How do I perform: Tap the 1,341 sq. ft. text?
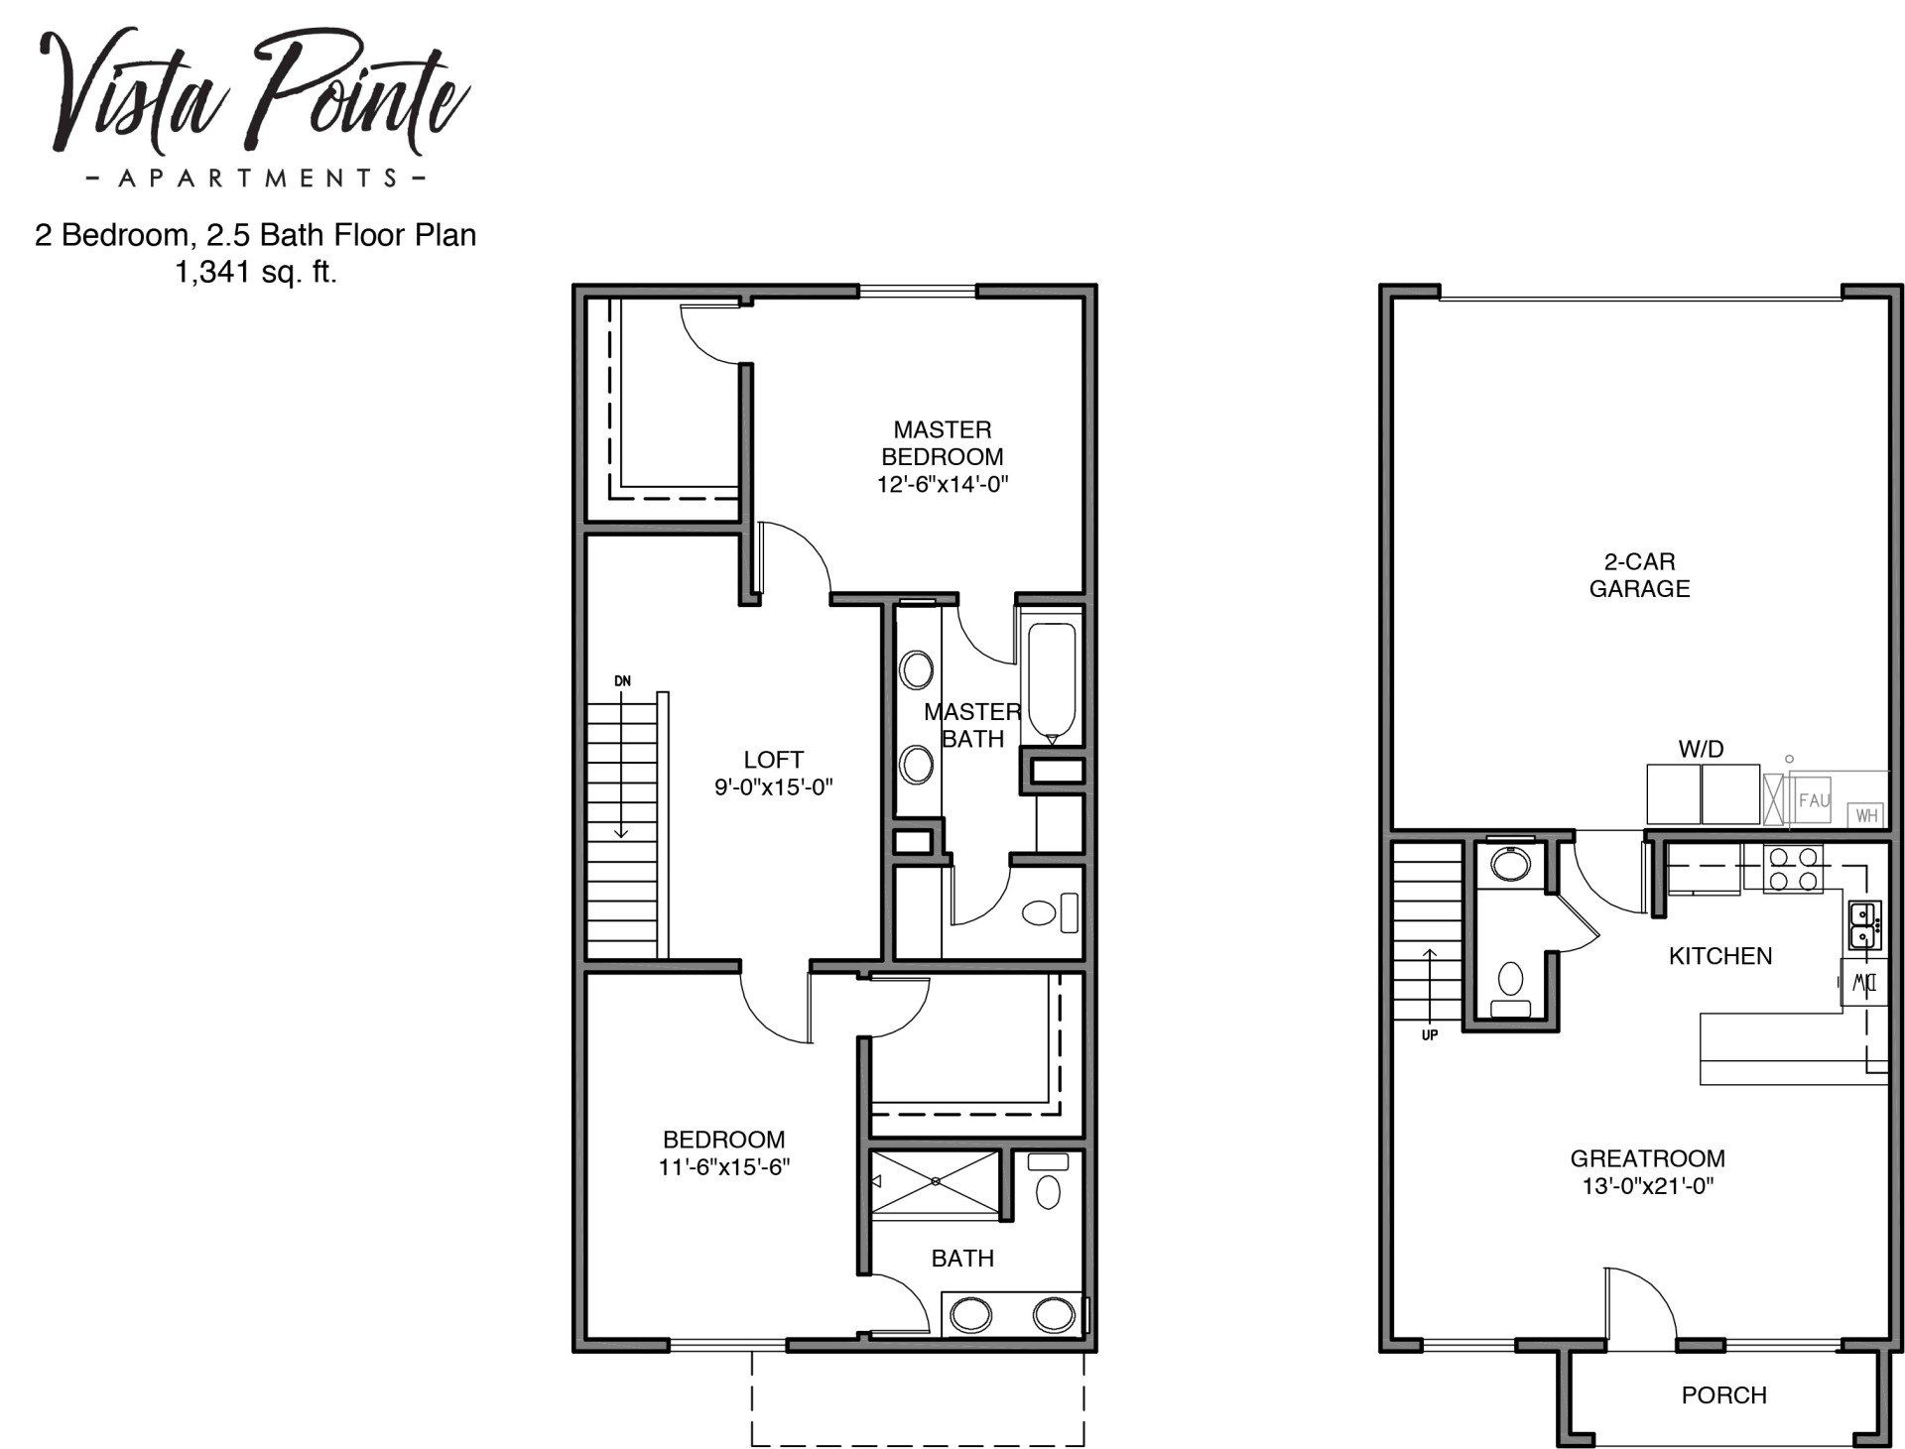256,273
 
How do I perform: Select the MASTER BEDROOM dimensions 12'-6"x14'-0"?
942,485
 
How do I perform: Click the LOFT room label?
773,760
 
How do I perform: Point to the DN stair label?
622,681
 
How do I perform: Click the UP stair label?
1429,1034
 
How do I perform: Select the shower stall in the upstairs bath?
936,1181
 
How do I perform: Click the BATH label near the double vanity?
961,1259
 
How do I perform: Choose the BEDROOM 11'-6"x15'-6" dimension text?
724,1167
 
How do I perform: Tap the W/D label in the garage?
1701,749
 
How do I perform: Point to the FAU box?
1813,799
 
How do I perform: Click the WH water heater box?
1866,815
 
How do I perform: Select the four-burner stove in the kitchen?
1793,869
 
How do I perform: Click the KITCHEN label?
1719,956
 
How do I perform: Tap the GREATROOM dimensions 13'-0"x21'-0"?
1647,1185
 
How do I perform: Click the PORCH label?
1723,1395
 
